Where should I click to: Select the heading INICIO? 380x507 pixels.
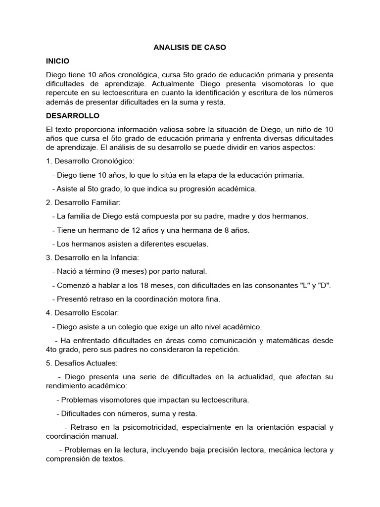pyautogui.click(x=57, y=61)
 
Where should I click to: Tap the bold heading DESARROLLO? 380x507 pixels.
pyautogui.click(x=73, y=116)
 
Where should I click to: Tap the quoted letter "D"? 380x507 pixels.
pyautogui.click(x=324, y=285)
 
